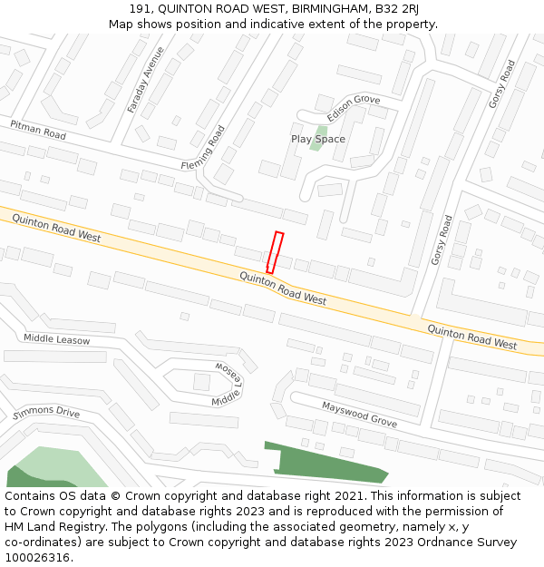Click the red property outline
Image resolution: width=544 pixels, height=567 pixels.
[275, 252]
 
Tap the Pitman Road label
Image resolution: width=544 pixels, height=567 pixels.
[38, 129]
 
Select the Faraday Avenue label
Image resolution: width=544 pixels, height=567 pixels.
[145, 79]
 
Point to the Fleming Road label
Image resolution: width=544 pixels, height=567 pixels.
[202, 147]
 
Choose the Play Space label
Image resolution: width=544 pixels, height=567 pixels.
[318, 139]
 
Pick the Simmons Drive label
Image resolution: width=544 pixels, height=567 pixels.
[46, 413]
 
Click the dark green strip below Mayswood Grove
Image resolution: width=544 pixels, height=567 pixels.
[326, 463]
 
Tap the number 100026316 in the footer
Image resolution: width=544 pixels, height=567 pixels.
[36, 557]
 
